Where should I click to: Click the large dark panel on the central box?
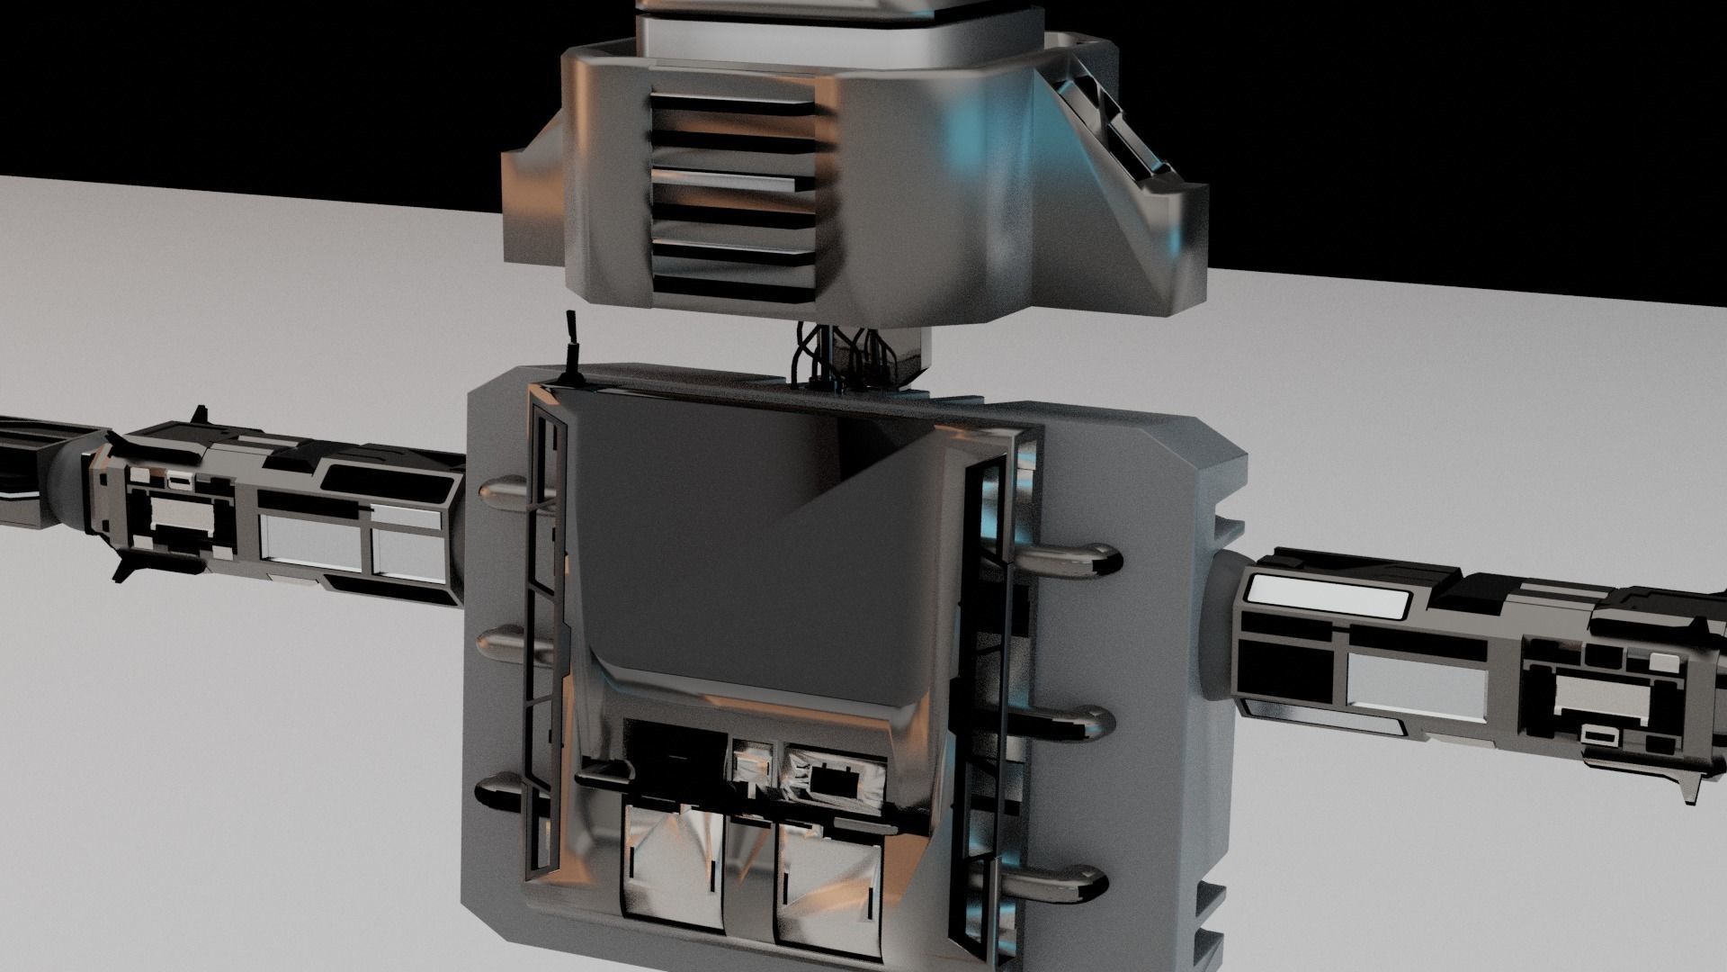pyautogui.click(x=747, y=558)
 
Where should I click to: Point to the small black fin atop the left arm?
pyautogui.click(x=198, y=416)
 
